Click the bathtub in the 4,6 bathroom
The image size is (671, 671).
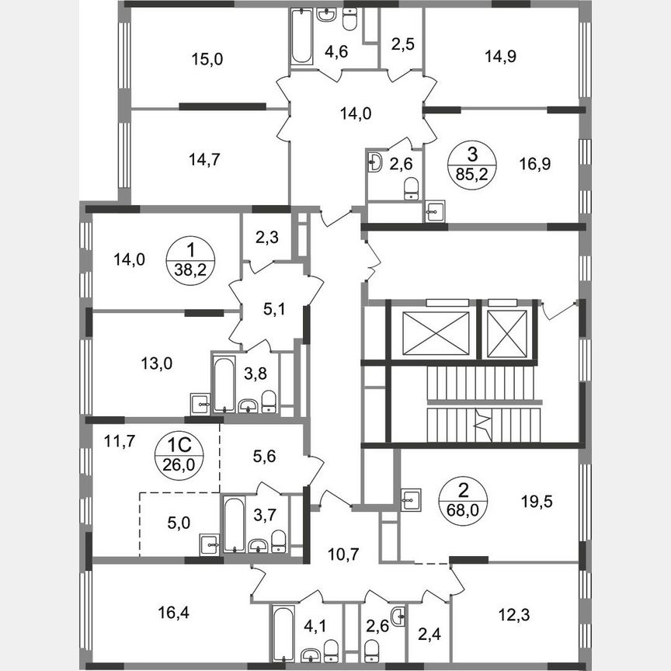[300, 37]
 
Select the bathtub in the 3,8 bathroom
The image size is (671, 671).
[223, 384]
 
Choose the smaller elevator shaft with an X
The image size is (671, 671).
[506, 334]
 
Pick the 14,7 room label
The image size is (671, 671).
[203, 161]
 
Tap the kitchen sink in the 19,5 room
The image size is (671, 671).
[411, 500]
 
